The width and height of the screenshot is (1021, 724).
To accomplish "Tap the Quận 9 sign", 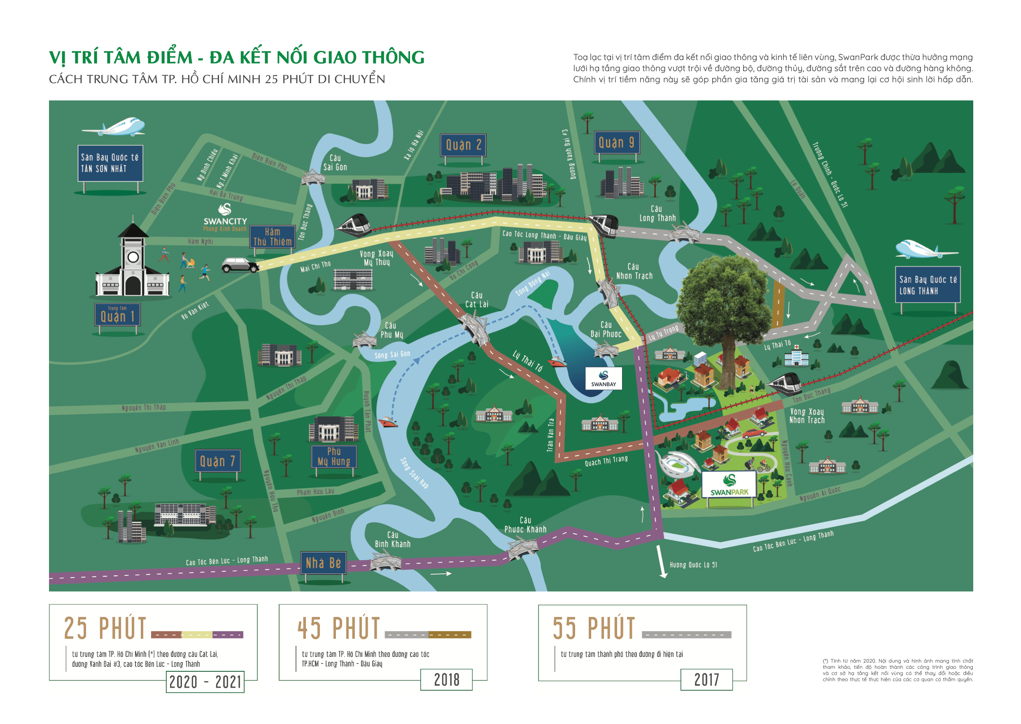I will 617,142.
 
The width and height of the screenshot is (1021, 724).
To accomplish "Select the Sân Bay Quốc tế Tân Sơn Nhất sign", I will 110,163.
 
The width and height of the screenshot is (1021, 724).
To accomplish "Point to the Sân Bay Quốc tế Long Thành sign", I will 928,285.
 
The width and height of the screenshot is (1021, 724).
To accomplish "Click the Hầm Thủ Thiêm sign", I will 272,237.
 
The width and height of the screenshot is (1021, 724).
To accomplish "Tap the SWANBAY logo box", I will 603,378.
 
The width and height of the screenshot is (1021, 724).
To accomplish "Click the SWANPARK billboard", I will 729,484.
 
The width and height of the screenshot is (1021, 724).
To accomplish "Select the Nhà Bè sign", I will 323,563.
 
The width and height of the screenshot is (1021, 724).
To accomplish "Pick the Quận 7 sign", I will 217,461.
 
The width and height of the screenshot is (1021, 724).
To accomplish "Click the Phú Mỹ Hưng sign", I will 333,456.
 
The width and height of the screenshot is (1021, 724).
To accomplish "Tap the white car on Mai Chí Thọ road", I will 240,265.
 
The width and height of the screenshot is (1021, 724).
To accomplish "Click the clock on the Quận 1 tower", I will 133,257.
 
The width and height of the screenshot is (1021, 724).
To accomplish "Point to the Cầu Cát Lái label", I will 476,300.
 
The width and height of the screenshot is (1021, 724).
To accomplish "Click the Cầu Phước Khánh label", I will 525,525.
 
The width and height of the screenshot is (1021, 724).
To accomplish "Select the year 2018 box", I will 446,680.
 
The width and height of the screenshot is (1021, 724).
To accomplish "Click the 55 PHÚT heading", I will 593,628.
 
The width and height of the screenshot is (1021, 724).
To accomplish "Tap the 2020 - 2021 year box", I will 205,682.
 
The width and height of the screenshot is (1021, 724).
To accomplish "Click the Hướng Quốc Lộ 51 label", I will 693,565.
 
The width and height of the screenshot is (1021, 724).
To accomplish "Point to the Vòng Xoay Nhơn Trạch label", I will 806,416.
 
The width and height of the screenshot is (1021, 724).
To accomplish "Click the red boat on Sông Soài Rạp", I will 387,421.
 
